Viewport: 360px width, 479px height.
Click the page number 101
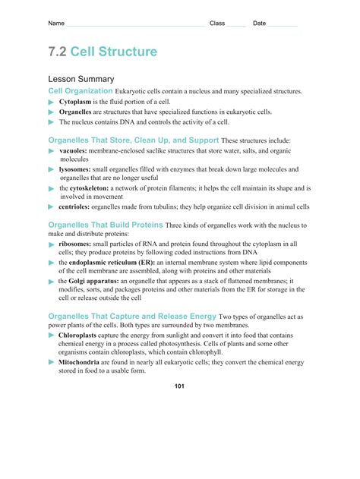tap(179, 386)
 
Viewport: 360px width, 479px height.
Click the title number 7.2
tap(58, 52)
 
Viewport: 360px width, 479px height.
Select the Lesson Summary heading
tap(81, 79)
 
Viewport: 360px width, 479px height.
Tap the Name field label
tap(56, 24)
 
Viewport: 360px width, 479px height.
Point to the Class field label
tap(217, 24)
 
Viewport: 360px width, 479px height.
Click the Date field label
tap(260, 24)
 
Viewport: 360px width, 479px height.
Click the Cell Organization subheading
tap(80, 91)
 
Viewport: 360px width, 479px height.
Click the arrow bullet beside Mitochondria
tap(52, 362)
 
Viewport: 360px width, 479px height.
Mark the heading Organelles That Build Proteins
tap(106, 225)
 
